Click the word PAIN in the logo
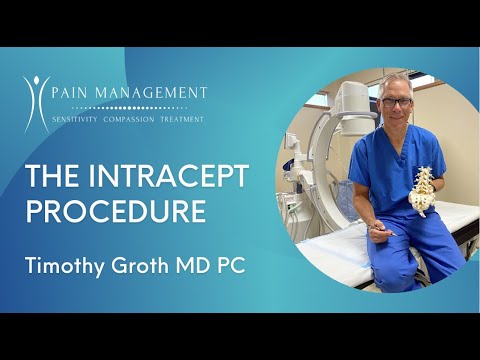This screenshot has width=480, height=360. tap(76, 92)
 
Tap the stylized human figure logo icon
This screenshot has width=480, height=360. tap(36, 103)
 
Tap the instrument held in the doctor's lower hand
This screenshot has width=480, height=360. tap(378, 231)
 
